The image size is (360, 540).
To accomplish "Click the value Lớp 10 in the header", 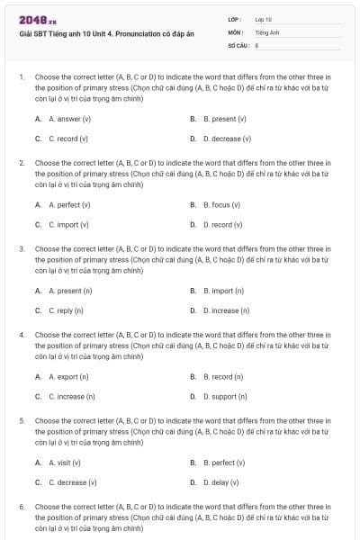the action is point(264,18).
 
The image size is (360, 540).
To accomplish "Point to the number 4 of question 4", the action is point(22,335).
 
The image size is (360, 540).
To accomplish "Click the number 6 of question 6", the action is point(22,507).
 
